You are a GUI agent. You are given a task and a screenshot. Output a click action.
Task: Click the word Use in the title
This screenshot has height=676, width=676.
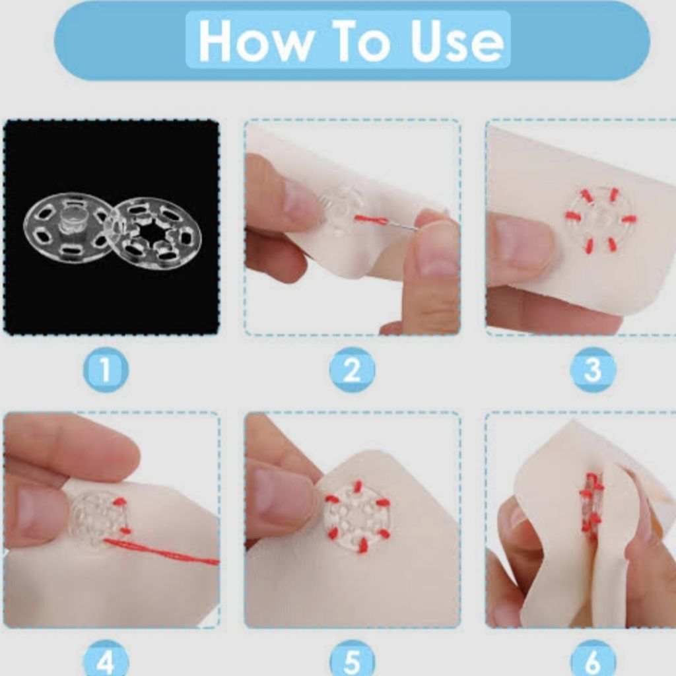pyautogui.click(x=457, y=41)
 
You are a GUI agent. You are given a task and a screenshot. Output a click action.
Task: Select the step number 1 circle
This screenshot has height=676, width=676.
pyautogui.click(x=106, y=370)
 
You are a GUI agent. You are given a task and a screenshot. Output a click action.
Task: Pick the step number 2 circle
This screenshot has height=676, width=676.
pyautogui.click(x=352, y=370)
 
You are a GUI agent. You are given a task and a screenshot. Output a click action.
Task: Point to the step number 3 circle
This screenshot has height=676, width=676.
pyautogui.click(x=593, y=370)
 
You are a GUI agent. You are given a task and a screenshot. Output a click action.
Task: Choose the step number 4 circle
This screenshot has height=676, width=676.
pyautogui.click(x=106, y=661)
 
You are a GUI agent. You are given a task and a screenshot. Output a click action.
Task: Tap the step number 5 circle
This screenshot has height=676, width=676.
pyautogui.click(x=352, y=661)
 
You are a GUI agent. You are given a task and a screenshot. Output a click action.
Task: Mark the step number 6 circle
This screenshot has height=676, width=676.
pyautogui.click(x=593, y=661)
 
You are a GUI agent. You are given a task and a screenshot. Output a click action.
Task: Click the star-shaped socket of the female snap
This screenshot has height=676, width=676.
pyautogui.click(x=154, y=233)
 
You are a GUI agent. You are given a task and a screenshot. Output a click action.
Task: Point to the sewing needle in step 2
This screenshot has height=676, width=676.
pyautogui.click(x=401, y=224)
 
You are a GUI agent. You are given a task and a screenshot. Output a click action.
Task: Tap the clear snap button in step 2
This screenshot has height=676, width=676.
pyautogui.click(x=340, y=211)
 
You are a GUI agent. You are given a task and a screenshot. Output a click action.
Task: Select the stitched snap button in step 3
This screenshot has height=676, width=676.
pyautogui.click(x=601, y=218)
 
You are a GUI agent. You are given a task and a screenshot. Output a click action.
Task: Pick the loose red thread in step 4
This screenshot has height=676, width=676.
pyautogui.click(x=162, y=551)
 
